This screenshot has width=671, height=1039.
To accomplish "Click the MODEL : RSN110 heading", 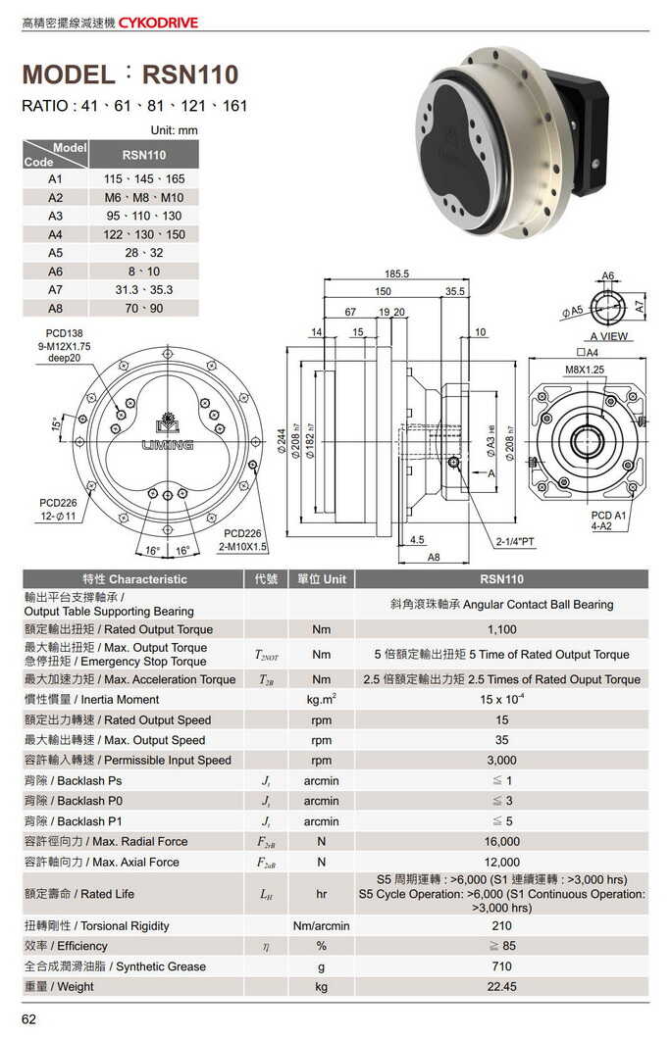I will click(130, 74).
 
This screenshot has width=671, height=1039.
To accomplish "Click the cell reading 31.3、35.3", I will click(143, 289).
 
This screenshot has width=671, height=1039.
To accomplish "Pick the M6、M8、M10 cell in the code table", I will click(143, 197).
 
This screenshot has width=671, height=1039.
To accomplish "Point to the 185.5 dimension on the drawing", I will click(396, 274).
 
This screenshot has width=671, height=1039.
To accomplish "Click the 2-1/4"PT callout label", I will click(514, 540).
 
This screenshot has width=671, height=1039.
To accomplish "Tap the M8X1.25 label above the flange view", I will click(585, 370).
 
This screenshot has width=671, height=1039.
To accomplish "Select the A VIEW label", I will click(609, 336).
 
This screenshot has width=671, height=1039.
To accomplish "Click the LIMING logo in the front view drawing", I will click(166, 444).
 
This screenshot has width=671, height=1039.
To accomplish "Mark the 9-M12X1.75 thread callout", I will click(64, 346).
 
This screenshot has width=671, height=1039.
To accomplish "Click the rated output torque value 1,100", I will click(501, 629).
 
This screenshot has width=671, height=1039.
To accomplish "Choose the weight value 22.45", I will click(501, 986).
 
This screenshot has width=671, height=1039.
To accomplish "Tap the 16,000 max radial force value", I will click(501, 841).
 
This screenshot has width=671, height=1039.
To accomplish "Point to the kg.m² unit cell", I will click(321, 699).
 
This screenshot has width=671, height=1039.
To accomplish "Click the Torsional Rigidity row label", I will click(96, 925).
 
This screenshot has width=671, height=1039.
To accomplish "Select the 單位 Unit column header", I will click(321, 578).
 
